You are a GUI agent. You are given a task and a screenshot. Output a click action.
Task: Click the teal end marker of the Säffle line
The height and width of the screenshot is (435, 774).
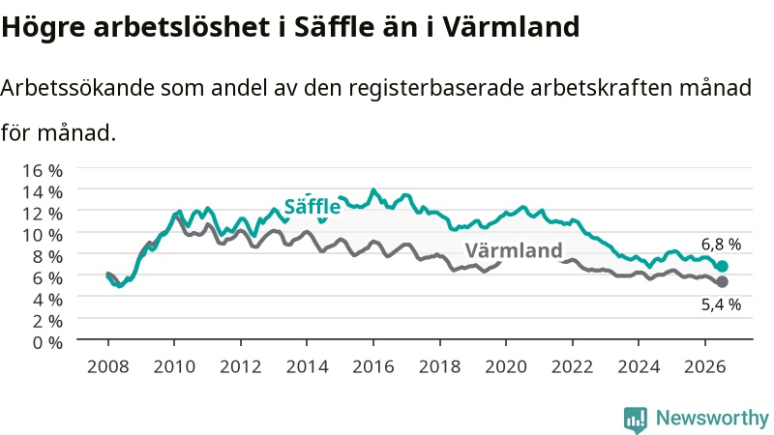722,267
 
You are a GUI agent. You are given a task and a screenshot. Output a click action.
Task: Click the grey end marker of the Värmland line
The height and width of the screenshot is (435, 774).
722,282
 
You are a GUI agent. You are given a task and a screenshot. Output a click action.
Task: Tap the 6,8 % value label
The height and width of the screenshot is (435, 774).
721,245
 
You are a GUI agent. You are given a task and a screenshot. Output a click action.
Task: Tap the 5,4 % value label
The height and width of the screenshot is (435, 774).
721,304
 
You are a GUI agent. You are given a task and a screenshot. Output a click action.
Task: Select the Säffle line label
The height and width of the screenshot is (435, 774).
313,206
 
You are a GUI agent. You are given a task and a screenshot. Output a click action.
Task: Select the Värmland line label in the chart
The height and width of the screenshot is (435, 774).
514,250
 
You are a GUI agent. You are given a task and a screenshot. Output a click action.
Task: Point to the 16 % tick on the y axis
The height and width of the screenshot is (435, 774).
43,171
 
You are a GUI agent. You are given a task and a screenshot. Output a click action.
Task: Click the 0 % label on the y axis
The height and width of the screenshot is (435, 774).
47,342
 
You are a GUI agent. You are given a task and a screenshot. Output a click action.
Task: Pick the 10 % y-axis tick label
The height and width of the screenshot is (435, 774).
43,235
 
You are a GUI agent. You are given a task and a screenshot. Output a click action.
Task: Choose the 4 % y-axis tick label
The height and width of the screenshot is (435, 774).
47,300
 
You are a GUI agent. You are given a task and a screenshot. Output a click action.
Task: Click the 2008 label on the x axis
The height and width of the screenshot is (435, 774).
108,366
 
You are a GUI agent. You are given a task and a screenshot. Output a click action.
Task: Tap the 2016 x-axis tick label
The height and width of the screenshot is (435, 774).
373,366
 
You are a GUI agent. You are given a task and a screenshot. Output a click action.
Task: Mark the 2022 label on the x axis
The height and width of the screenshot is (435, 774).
573,366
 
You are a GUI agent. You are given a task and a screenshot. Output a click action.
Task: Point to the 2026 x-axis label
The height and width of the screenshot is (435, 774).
705,366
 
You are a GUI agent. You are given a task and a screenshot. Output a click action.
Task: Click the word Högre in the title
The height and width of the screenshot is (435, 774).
44,28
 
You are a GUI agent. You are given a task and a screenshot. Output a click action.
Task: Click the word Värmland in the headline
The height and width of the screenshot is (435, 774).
511,27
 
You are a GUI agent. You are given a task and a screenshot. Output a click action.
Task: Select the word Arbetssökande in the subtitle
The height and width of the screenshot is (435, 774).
76,88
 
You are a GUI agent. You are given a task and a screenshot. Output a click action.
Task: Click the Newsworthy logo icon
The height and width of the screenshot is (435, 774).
636,420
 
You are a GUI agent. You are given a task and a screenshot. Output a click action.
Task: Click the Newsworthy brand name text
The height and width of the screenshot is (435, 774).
712,419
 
